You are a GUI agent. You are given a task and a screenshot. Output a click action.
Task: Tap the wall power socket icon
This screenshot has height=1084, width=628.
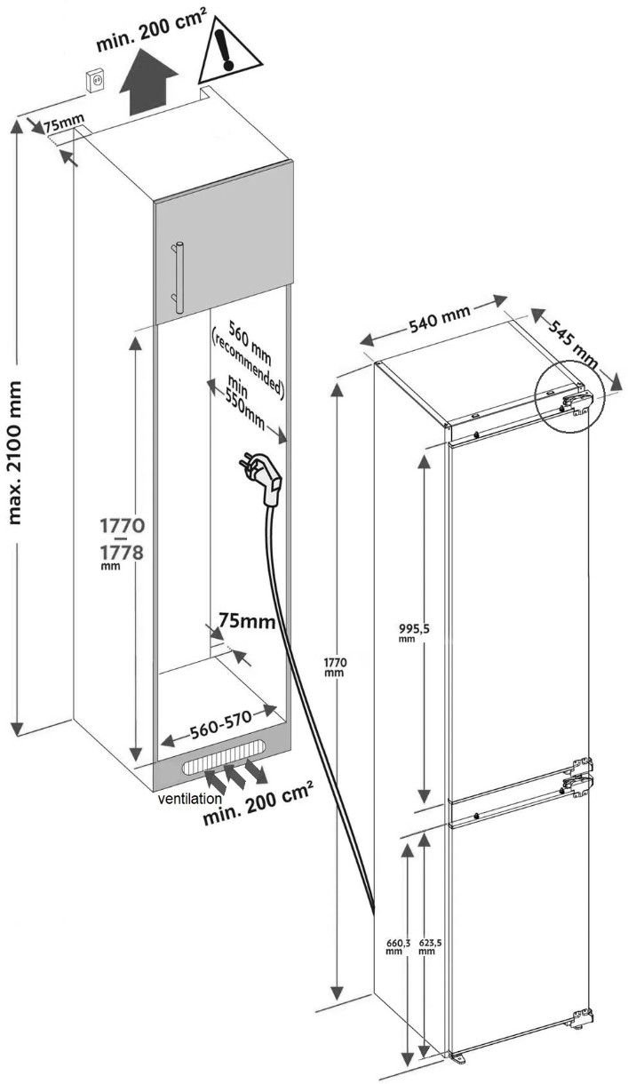pyautogui.click(x=94, y=80)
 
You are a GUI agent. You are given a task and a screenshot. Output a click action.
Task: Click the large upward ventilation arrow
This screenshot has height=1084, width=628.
pyautogui.click(x=148, y=82)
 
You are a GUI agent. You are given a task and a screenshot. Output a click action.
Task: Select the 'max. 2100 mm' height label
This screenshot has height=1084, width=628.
pyautogui.click(x=15, y=452)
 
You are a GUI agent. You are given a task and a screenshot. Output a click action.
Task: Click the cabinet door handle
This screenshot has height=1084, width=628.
pyautogui.click(x=177, y=277)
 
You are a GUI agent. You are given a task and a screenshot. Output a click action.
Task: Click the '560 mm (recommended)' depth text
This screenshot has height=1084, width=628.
pyautogui.click(x=247, y=358)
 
